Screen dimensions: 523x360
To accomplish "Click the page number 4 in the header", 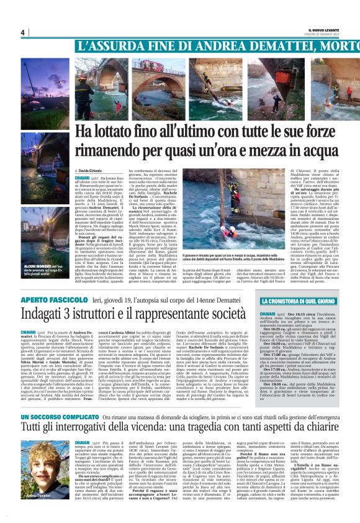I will (x=22, y=32).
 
